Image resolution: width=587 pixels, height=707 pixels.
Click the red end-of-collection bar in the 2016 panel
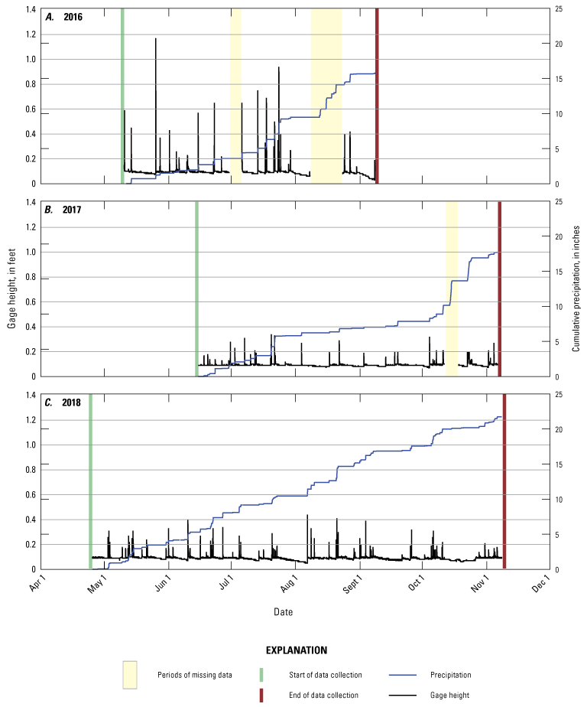click(377, 96)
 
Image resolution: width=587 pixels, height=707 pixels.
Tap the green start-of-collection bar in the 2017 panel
click(196, 289)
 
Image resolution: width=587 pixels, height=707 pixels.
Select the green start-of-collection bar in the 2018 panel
click(90, 482)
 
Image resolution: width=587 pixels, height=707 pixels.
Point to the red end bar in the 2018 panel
click(504, 482)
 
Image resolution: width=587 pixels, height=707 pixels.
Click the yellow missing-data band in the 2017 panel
click(452, 289)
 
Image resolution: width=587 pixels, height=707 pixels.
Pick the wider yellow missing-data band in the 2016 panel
click(326, 96)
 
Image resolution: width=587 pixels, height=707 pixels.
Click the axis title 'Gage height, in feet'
click(13, 289)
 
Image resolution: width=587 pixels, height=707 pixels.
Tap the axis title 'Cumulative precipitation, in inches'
click(576, 289)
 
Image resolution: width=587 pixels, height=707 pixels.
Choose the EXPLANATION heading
click(296, 650)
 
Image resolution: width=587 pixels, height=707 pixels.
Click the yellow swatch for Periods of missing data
click(130, 675)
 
